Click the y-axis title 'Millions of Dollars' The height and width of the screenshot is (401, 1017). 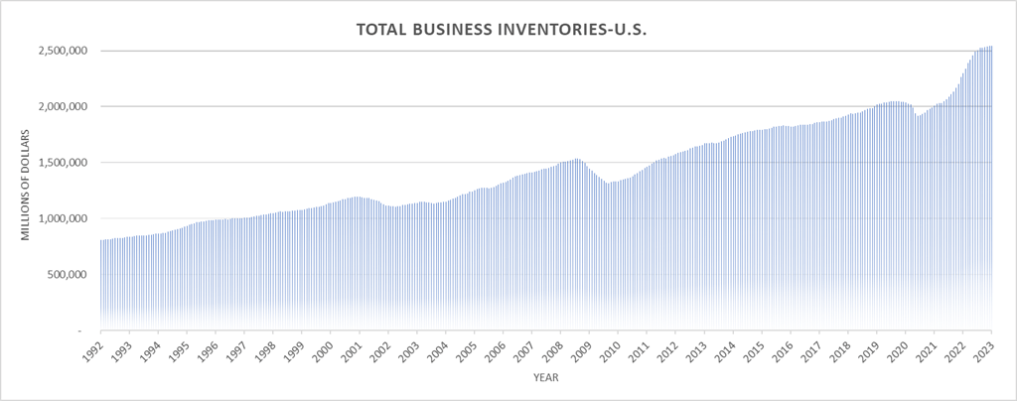(x=27, y=189)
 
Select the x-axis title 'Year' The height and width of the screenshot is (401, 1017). (x=545, y=378)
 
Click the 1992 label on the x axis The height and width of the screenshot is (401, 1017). (x=93, y=350)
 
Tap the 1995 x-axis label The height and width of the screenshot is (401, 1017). (x=180, y=350)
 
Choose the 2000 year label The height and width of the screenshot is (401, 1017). (x=324, y=350)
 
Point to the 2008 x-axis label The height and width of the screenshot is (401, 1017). (x=553, y=350)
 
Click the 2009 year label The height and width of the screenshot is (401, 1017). (x=582, y=350)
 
